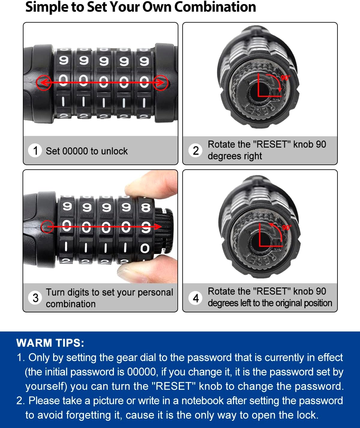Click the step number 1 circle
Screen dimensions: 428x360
point(35,150)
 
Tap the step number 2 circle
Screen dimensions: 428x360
point(196,150)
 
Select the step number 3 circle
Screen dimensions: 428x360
point(35,298)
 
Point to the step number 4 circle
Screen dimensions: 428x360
point(196,298)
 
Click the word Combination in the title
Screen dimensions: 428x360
point(215,7)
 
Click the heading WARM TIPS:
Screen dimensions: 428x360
point(50,343)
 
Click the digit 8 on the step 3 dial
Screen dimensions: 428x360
point(145,207)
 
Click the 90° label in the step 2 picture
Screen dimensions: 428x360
point(285,78)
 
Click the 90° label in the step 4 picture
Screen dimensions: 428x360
point(286,227)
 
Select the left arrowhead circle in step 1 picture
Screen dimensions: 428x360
point(43,82)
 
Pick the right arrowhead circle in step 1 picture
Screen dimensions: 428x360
point(160,82)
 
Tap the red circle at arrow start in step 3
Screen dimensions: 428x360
point(47,227)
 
